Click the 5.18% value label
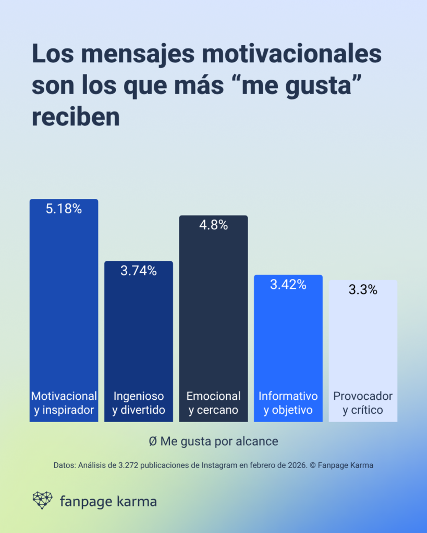pos(64,209)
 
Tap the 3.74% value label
pos(138,271)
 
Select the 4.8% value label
pos(213,225)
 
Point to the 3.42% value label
pos(288,285)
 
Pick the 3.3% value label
pos(363,290)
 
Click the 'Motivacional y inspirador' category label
pos(64,403)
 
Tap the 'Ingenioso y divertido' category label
pos(138,403)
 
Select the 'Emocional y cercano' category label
pos(213,403)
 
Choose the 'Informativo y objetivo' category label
pos(288,403)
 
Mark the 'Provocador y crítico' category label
pos(363,403)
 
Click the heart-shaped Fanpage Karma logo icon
pos(42,500)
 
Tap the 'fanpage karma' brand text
pos(108,502)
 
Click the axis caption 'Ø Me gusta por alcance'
pos(213,441)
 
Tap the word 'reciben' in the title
pos(76,117)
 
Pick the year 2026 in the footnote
pos(296,465)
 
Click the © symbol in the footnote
pos(313,465)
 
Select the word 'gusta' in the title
pos(312,86)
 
